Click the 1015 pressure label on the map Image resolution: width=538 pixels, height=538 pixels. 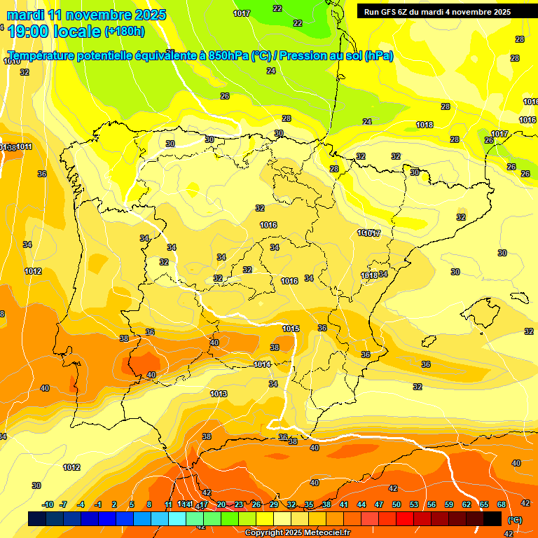(x=291, y=329)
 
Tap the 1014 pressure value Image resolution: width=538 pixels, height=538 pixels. (x=262, y=364)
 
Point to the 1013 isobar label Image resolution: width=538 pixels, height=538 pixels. (x=219, y=394)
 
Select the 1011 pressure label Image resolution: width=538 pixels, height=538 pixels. (x=25, y=146)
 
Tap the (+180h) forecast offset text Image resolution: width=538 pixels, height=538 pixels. (x=125, y=31)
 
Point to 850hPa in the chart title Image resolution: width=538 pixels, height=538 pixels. (x=228, y=56)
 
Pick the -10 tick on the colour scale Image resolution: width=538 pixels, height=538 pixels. (x=48, y=504)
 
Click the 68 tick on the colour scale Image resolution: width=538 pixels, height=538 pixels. (x=502, y=504)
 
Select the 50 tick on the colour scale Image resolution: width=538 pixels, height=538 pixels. (x=396, y=504)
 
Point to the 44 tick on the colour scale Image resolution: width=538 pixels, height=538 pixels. (x=361, y=504)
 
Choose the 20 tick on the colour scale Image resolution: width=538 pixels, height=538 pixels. (x=221, y=504)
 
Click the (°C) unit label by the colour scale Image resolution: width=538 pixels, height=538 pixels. (x=515, y=520)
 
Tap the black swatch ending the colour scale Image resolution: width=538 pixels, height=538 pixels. (x=492, y=518)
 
